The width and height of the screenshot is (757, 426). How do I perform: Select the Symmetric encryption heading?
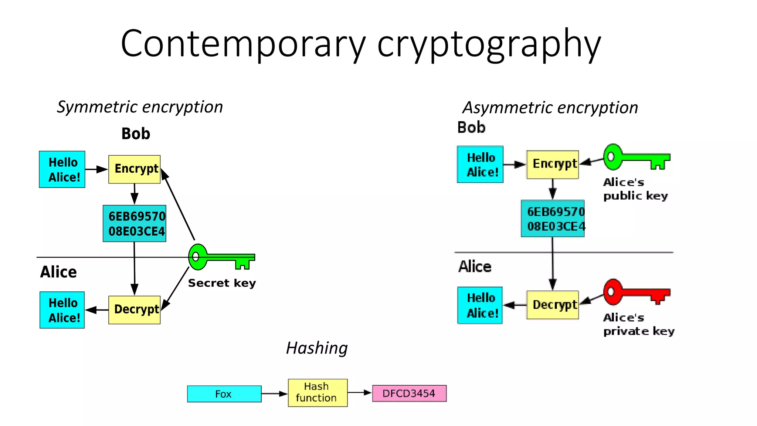click(140, 107)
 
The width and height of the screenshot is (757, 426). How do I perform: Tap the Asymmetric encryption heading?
click(550, 108)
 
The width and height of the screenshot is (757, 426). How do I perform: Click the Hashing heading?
click(317, 348)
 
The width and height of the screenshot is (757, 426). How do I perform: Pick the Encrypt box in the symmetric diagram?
click(135, 169)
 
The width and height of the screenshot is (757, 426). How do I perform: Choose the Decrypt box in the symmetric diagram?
click(135, 310)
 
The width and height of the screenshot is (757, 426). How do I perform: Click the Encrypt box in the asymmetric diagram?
click(553, 165)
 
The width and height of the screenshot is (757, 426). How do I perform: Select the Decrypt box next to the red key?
click(553, 305)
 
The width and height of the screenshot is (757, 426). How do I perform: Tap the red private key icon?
click(635, 292)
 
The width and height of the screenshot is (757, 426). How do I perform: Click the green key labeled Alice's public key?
click(635, 157)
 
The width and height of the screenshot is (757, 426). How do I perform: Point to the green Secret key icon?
click(221, 257)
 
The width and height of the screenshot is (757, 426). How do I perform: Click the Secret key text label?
click(222, 283)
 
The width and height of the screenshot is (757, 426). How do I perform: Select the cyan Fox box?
click(224, 394)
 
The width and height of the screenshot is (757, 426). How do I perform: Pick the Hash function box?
click(318, 393)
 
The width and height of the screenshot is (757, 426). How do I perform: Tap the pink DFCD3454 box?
click(409, 393)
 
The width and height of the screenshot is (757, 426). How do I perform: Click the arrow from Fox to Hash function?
click(274, 394)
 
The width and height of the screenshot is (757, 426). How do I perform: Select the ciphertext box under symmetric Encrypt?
click(135, 224)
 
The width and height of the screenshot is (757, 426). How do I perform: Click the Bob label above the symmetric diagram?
click(136, 134)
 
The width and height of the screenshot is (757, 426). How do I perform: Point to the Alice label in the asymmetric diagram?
click(475, 267)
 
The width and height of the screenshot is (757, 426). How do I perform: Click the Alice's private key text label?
click(638, 324)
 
